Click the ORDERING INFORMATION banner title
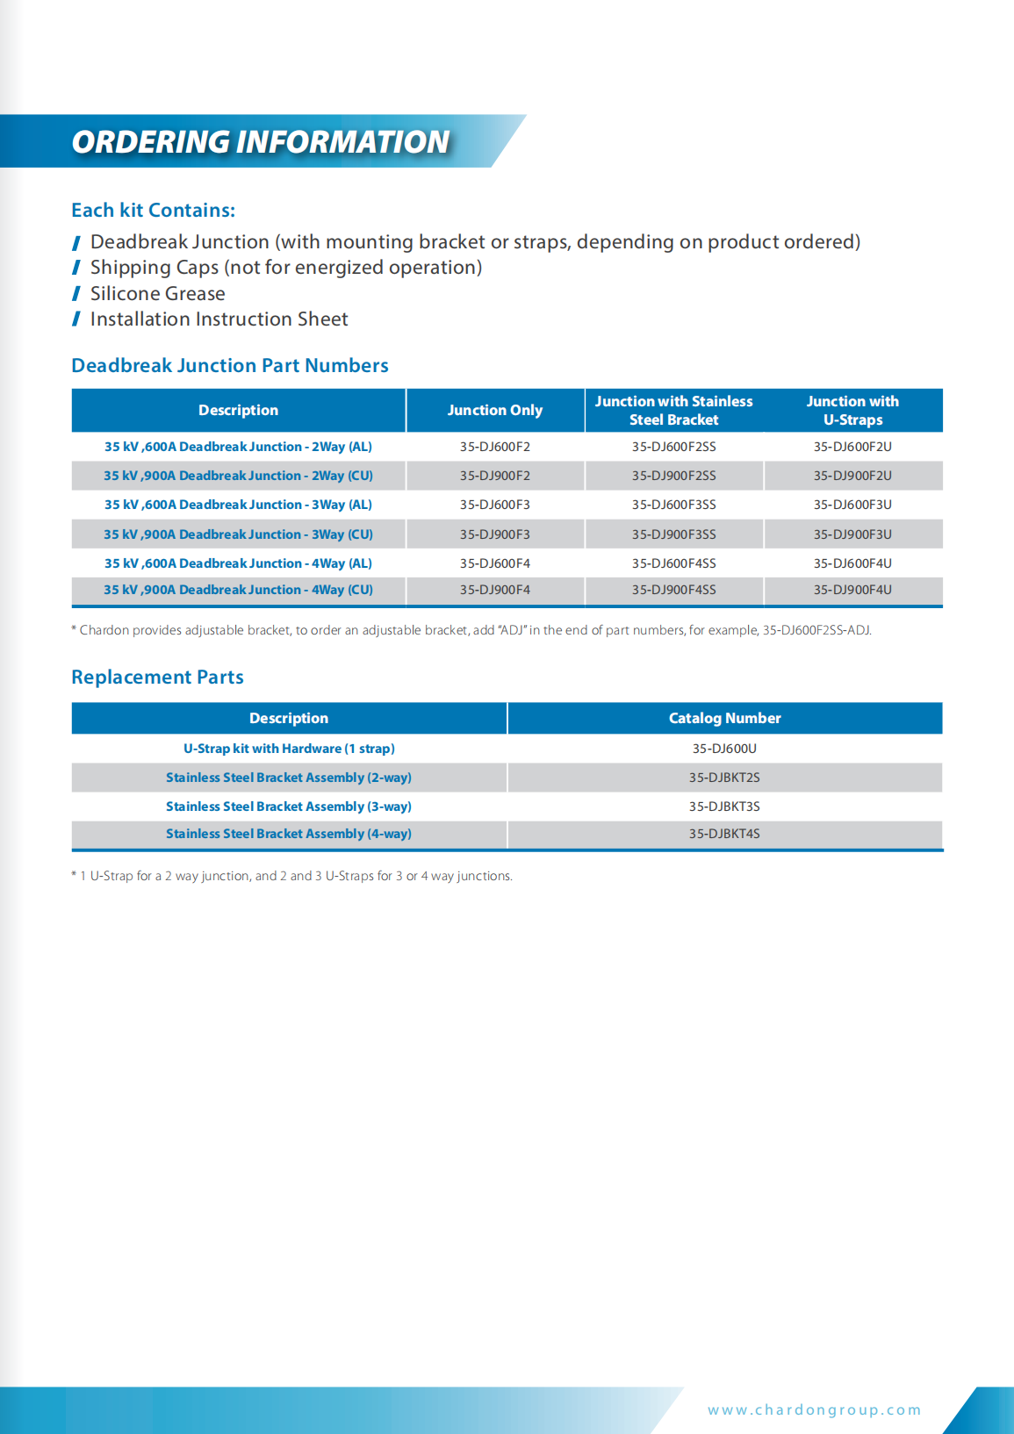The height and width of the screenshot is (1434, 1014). click(x=260, y=142)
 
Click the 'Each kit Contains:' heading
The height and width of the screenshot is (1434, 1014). click(x=153, y=211)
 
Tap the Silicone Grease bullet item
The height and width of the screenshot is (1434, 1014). click(x=157, y=294)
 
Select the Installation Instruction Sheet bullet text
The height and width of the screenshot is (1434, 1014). click(x=219, y=319)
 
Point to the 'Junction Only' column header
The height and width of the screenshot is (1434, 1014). click(x=495, y=411)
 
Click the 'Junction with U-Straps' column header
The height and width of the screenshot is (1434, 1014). click(x=852, y=411)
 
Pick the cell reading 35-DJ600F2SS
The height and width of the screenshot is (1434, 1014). click(x=673, y=447)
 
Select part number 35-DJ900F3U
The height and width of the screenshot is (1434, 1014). click(x=852, y=534)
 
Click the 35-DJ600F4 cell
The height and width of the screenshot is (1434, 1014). click(x=495, y=563)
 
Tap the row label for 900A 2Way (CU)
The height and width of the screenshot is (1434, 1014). click(x=238, y=476)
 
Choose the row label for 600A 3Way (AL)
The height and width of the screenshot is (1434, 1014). click(x=238, y=505)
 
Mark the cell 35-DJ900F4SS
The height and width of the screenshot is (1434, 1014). click(x=673, y=590)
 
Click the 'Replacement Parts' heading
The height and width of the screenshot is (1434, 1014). click(x=157, y=678)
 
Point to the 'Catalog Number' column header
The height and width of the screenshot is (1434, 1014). click(x=724, y=718)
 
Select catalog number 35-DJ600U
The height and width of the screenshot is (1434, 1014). click(x=724, y=749)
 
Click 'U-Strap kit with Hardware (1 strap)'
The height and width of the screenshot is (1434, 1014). click(x=289, y=749)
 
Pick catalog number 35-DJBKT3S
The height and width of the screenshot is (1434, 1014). click(x=724, y=807)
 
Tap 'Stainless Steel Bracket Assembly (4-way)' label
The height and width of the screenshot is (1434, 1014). click(x=289, y=834)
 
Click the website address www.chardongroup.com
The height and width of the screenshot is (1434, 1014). click(x=814, y=1410)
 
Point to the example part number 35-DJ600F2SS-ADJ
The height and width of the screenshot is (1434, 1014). click(x=816, y=630)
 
